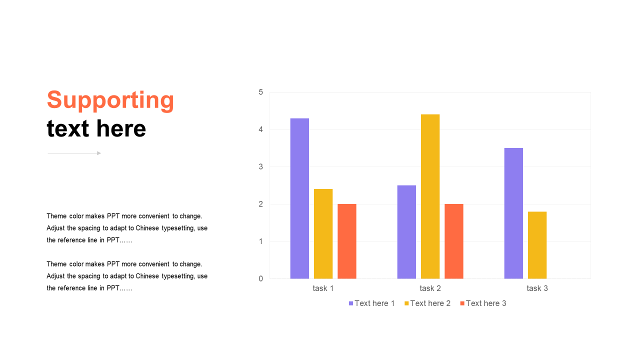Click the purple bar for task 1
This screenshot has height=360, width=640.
299,198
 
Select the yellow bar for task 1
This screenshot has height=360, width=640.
323,233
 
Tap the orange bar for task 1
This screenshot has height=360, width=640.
347,241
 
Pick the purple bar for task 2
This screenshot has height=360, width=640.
406,232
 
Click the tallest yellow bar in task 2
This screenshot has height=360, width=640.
430,196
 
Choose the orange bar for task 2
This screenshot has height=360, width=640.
454,241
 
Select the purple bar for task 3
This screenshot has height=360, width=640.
513,213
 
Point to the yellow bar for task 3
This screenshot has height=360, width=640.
537,245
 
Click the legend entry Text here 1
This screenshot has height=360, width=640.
371,303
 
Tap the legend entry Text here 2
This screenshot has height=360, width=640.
427,303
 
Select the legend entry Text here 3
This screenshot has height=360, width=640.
483,303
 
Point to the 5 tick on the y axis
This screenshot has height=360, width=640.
260,92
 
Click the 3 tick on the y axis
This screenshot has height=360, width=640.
260,166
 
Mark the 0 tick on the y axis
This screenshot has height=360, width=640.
260,278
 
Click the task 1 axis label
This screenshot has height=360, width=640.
323,288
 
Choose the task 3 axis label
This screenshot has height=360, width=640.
537,288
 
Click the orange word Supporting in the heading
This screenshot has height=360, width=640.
110,100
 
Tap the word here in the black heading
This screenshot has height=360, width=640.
121,128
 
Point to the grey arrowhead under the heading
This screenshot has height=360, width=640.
99,153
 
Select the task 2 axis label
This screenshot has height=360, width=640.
430,288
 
